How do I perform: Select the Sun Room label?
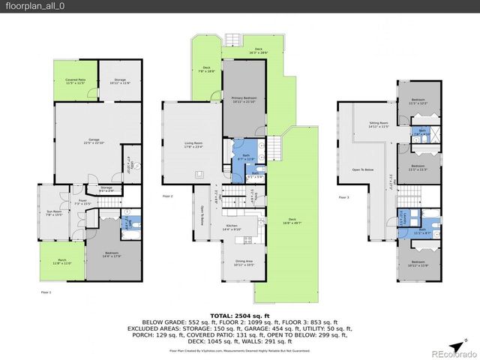tap(54, 212)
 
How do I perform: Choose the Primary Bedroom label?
tap(243, 97)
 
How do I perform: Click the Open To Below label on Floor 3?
tap(363, 169)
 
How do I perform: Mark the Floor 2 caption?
tap(167, 196)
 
